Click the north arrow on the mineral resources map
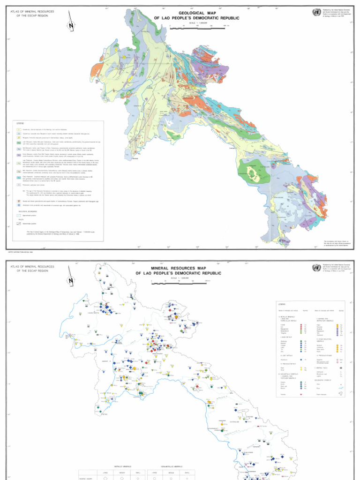71,280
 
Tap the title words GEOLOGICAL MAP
196,13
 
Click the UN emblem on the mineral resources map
316,267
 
